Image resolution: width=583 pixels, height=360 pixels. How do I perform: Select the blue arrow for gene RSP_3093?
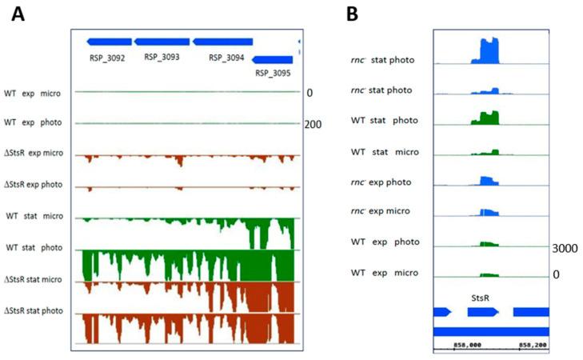[x=162, y=42]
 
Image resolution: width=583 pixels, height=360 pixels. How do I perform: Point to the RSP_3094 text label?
[x=226, y=58]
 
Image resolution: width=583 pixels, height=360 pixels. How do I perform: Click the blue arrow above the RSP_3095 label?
[x=272, y=59]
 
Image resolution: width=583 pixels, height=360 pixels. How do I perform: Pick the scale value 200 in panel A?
[x=313, y=124]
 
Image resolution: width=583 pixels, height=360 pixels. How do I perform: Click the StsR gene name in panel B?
[x=481, y=296]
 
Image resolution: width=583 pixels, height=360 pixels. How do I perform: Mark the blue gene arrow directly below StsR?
[x=484, y=311]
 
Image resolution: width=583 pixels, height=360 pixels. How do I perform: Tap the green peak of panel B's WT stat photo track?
[x=485, y=118]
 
